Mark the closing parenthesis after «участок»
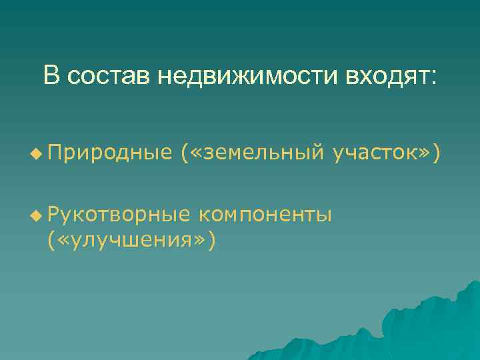tap(436, 155)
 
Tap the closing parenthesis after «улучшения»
tap(211, 239)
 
